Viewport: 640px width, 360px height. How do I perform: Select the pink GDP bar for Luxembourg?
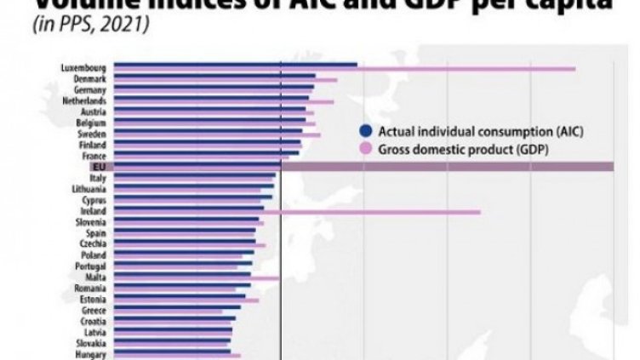point(468,69)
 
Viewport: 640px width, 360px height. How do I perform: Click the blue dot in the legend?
point(366,131)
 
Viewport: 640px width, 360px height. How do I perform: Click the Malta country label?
point(95,277)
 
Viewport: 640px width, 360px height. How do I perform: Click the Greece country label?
point(93,311)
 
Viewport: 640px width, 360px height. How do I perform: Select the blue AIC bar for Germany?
point(214,87)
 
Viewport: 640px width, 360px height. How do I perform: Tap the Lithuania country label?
point(89,188)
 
